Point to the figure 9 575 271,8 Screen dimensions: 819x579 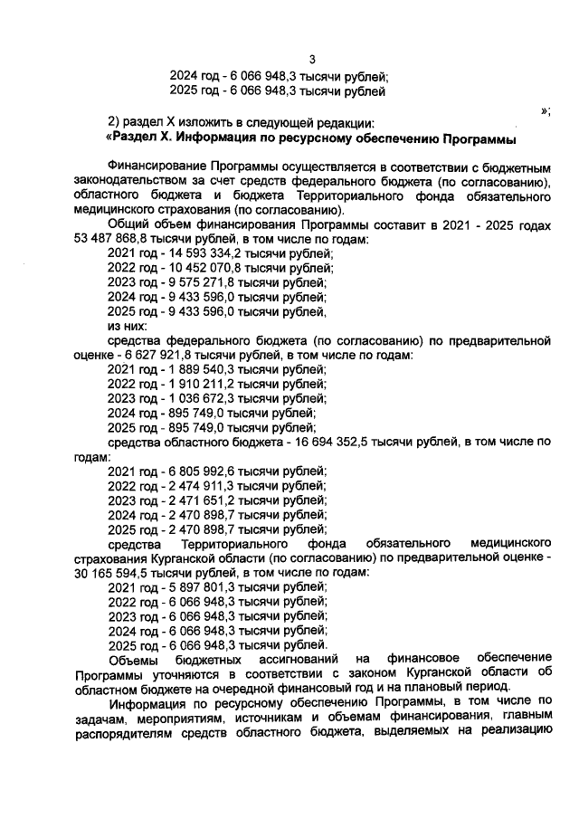[195, 282]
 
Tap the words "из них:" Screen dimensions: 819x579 [127, 326]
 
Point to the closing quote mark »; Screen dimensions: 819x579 [546, 110]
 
